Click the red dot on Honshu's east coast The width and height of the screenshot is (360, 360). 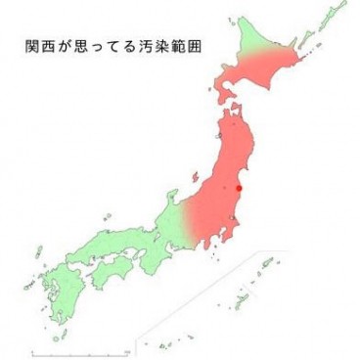click(x=239, y=188)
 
